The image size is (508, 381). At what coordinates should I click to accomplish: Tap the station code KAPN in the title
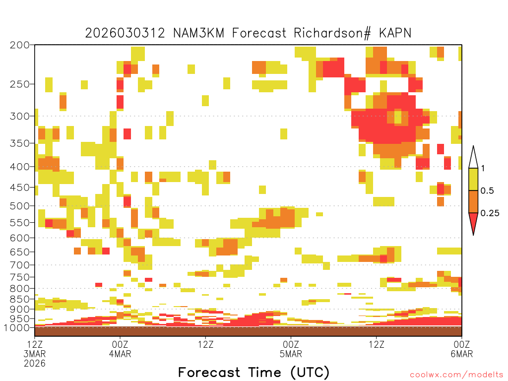pyautogui.click(x=395, y=33)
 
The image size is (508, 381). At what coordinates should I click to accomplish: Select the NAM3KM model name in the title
pyautogui.click(x=198, y=33)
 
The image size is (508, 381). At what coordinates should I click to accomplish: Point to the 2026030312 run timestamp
pyautogui.click(x=125, y=33)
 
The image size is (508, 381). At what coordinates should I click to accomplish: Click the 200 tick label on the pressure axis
pyautogui.click(x=20, y=45)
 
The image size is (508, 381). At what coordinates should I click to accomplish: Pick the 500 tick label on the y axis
pyautogui.click(x=20, y=206)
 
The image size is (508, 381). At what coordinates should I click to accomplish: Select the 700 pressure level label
pyautogui.click(x=20, y=265)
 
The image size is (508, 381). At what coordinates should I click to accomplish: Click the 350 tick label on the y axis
pyautogui.click(x=20, y=143)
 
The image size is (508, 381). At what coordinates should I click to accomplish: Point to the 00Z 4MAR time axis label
pyautogui.click(x=120, y=349)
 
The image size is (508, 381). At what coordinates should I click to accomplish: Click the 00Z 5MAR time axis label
pyautogui.click(x=291, y=349)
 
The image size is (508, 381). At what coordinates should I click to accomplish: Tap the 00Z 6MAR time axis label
pyautogui.click(x=462, y=349)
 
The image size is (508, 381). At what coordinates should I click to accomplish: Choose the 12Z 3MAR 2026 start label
pyautogui.click(x=35, y=354)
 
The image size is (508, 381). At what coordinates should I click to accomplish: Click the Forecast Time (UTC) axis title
pyautogui.click(x=254, y=373)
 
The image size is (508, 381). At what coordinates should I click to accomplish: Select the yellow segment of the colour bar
pyautogui.click(x=473, y=179)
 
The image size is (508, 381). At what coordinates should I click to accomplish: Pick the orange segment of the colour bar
pyautogui.click(x=473, y=201)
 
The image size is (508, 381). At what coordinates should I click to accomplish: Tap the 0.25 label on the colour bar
pyautogui.click(x=490, y=213)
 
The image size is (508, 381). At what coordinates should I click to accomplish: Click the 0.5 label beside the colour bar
pyautogui.click(x=487, y=191)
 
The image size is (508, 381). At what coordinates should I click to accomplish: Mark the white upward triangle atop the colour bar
pyautogui.click(x=473, y=157)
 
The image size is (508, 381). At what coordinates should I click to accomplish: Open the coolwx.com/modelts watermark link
pyautogui.click(x=457, y=375)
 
